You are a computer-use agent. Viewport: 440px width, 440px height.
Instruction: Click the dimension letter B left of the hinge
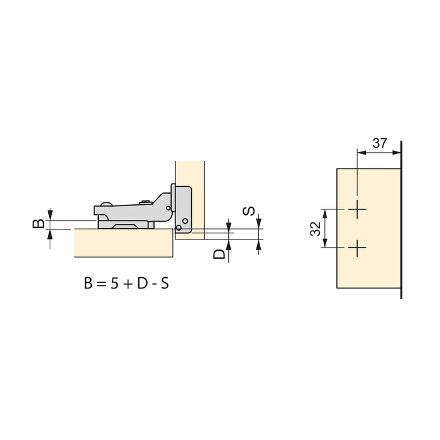tap(38, 223)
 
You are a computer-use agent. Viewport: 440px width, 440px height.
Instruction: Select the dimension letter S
tap(250, 211)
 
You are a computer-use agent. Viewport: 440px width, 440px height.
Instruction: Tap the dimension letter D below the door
tap(218, 255)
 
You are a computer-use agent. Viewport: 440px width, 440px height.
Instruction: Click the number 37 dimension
tap(380, 143)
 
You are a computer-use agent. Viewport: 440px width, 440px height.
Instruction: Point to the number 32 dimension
tap(317, 228)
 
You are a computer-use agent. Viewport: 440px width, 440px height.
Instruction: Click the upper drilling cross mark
tap(358, 210)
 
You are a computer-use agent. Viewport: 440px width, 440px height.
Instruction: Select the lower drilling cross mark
tap(358, 248)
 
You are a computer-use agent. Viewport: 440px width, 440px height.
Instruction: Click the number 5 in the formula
tap(114, 283)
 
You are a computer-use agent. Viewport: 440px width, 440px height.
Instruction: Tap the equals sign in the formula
tap(100, 283)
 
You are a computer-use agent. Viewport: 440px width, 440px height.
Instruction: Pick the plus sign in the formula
tap(127, 283)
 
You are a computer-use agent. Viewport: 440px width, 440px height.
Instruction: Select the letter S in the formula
tap(164, 283)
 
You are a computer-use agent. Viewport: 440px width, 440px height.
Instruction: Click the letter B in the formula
tap(88, 283)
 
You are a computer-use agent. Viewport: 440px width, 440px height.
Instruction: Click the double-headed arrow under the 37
tap(379, 151)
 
